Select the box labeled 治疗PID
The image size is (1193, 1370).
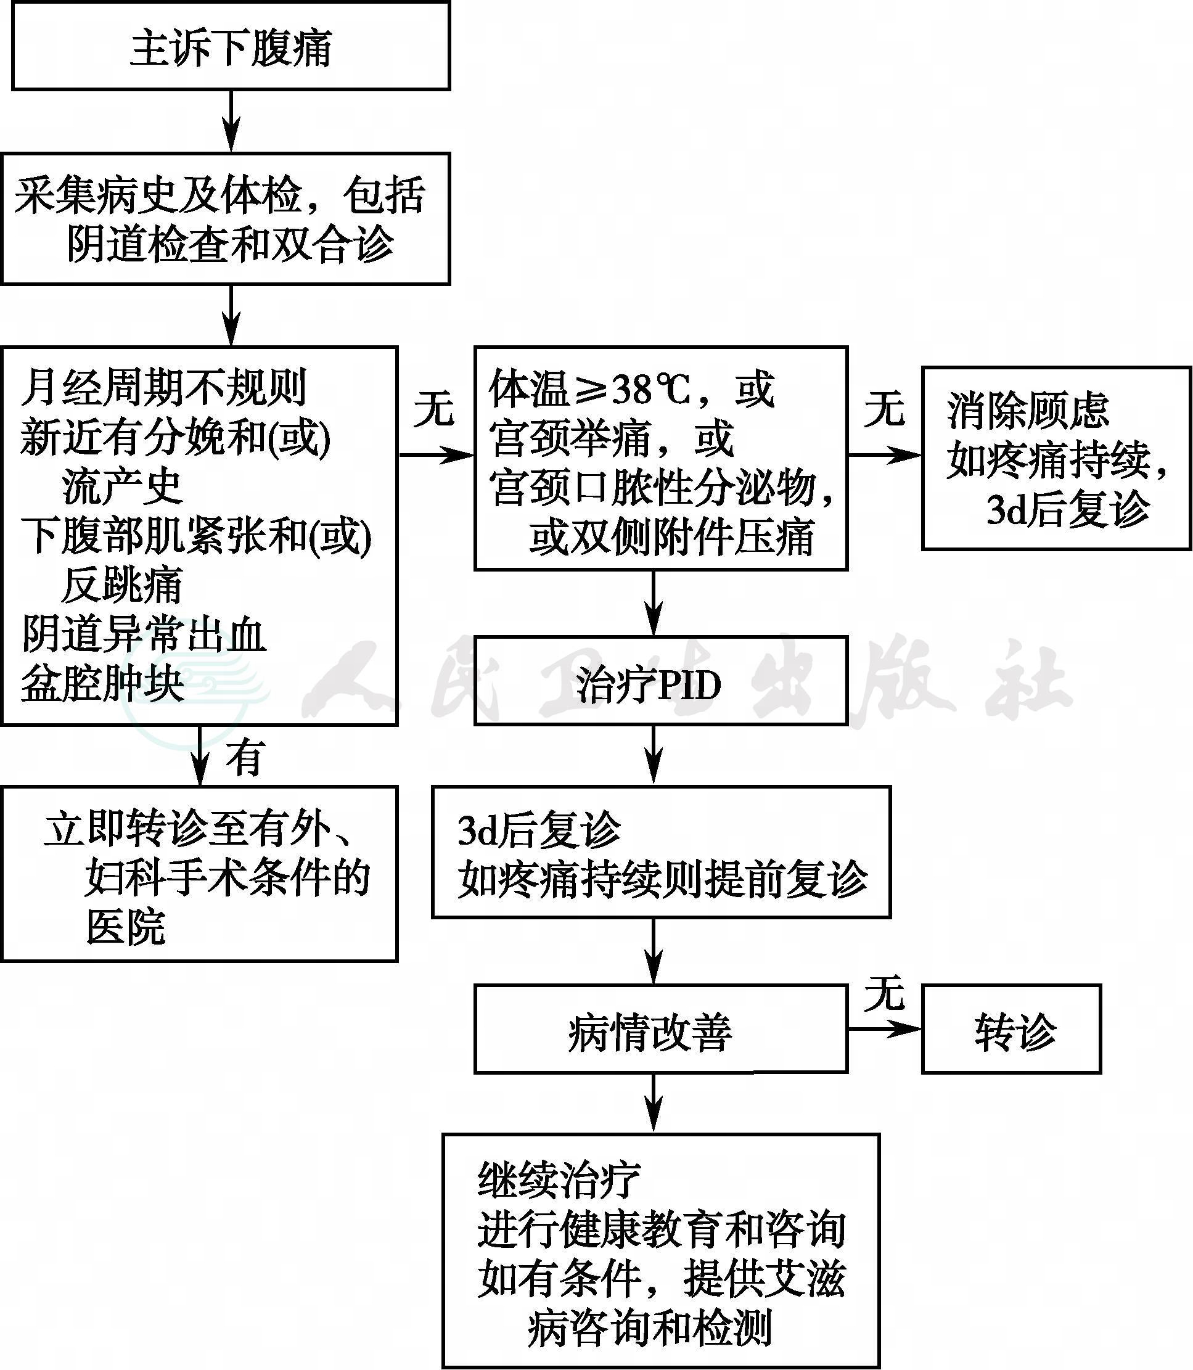pos(660,680)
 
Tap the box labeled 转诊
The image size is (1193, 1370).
pos(1011,1028)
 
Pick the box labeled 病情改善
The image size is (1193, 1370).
pos(660,1028)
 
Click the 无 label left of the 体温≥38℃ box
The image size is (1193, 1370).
pos(433,408)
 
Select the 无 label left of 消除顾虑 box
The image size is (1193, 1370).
pos(884,408)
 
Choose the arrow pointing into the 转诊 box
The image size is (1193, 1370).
pos(885,1028)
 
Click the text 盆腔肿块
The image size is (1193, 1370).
pos(102,683)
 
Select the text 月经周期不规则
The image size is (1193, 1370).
pos(162,387)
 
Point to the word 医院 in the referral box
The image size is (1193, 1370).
pos(125,926)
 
